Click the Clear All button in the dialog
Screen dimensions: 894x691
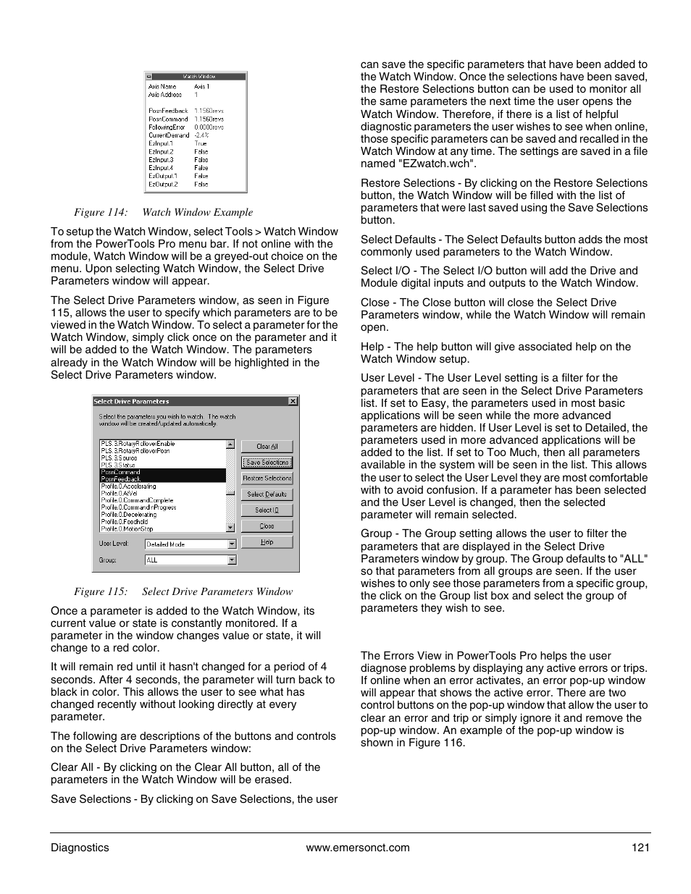pyautogui.click(x=267, y=447)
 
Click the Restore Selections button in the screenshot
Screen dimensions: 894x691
pyautogui.click(x=267, y=478)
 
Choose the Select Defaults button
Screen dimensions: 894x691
pyautogui.click(x=267, y=494)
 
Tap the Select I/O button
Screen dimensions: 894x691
pyautogui.click(x=267, y=510)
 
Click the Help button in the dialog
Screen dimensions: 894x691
pyautogui.click(x=267, y=542)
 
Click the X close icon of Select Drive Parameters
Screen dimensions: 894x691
pyautogui.click(x=293, y=401)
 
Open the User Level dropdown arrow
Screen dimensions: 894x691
pyautogui.click(x=232, y=544)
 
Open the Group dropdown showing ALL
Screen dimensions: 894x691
pyautogui.click(x=232, y=560)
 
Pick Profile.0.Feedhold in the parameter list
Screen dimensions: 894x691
pyautogui.click(x=125, y=522)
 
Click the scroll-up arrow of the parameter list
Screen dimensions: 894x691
pyautogui.click(x=230, y=445)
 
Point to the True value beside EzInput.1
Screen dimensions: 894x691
pyautogui.click(x=201, y=143)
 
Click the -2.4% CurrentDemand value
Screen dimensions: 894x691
pyautogui.click(x=201, y=135)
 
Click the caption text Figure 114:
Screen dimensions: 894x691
pyautogui.click(x=101, y=212)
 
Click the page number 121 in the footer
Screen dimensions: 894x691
pyautogui.click(x=641, y=848)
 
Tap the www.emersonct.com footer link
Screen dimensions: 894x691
pyautogui.click(x=358, y=848)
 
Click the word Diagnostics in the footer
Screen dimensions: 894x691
pyautogui.click(x=80, y=848)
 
